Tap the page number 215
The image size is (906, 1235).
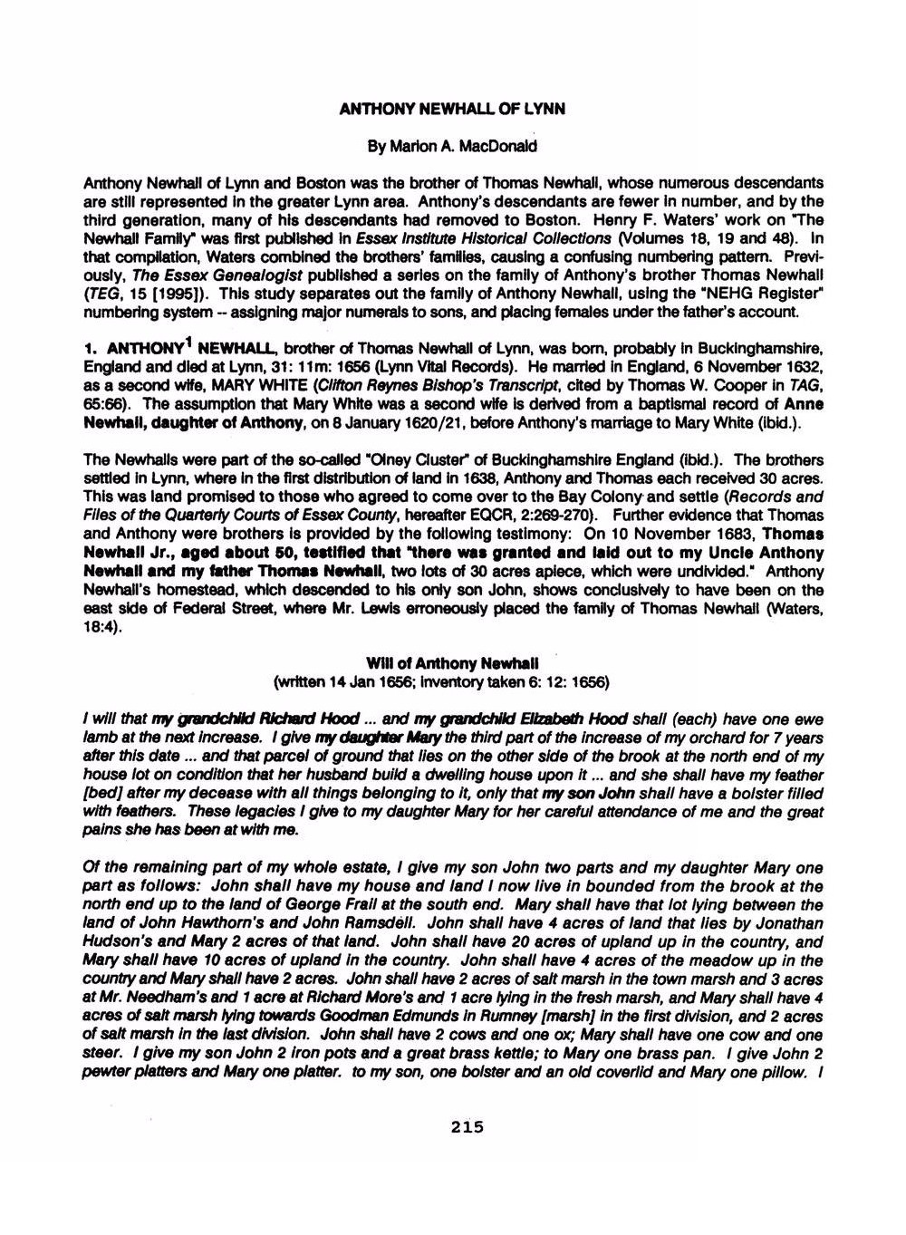467,1127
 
